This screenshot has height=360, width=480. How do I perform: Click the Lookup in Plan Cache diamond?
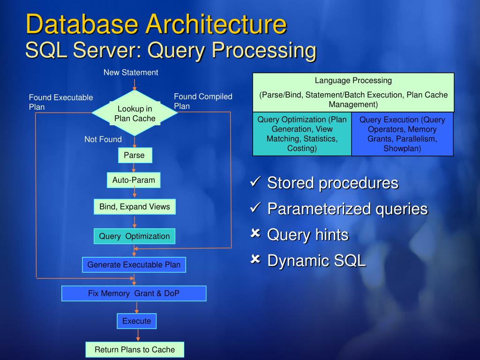tap(135, 113)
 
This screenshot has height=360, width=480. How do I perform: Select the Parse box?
tap(135, 155)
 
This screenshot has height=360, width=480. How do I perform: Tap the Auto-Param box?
tap(134, 180)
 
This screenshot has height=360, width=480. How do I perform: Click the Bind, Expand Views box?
tap(135, 207)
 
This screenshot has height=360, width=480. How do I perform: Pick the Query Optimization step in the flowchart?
tap(135, 236)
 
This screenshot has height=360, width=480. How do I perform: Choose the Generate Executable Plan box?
tap(134, 265)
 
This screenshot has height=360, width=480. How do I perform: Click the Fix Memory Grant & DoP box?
tap(134, 293)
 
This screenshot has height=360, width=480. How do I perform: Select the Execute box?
tap(136, 321)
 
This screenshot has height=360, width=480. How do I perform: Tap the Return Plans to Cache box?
tap(135, 350)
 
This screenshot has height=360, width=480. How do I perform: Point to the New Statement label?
tap(131, 73)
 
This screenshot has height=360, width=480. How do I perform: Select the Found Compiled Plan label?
tap(203, 101)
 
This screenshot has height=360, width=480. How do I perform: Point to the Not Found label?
tap(103, 139)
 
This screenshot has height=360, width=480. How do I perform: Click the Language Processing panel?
tap(353, 92)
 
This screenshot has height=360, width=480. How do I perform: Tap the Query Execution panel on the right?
tap(402, 134)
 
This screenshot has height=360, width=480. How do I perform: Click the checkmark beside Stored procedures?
tap(256, 182)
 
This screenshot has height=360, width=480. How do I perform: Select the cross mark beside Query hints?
tap(256, 233)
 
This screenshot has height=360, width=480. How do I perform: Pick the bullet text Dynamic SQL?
tap(316, 261)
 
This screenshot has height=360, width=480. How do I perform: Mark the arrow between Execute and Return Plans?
tap(138, 335)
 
